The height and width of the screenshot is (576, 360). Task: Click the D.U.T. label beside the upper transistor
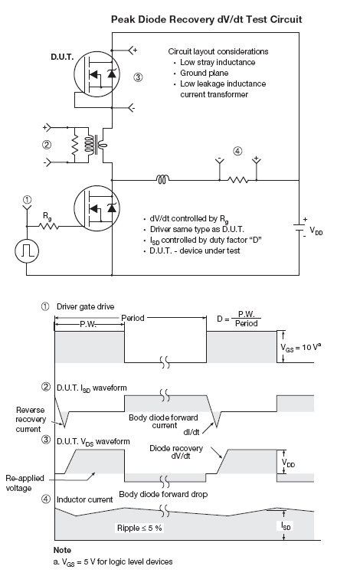click(x=62, y=57)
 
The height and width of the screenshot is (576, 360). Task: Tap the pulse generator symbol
click(x=27, y=250)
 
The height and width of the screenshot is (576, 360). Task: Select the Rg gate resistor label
click(x=47, y=216)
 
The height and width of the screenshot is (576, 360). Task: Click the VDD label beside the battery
click(x=316, y=231)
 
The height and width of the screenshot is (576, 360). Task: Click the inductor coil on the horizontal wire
click(x=162, y=179)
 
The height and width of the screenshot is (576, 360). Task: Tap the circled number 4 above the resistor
click(x=237, y=151)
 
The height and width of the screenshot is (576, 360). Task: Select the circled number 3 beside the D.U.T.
click(x=138, y=77)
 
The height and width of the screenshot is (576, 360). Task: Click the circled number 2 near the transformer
click(x=47, y=145)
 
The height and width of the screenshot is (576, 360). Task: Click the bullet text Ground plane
click(x=205, y=73)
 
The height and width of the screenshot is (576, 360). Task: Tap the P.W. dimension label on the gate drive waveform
click(x=88, y=324)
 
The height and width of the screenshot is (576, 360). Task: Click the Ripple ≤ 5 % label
click(x=139, y=528)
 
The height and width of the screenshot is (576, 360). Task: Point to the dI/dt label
click(x=191, y=432)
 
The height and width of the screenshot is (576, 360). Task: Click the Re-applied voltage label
click(x=25, y=483)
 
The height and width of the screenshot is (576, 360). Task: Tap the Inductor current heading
click(x=84, y=499)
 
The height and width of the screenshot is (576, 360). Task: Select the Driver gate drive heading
click(x=85, y=306)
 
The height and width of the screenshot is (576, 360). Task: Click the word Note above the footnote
click(x=62, y=550)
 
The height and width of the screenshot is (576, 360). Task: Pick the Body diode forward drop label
click(x=163, y=495)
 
